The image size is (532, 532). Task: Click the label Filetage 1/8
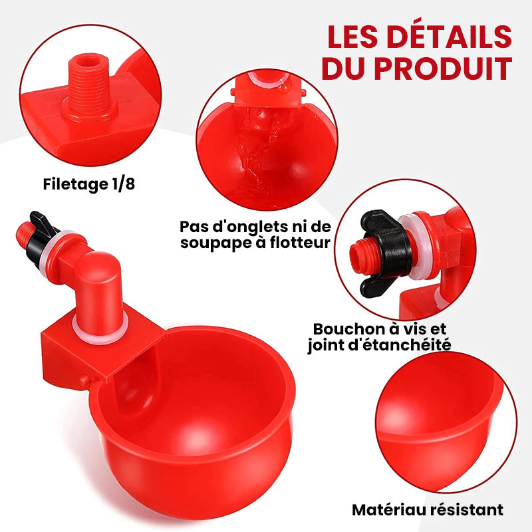[x=88, y=184]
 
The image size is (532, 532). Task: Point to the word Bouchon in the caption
[x=348, y=329]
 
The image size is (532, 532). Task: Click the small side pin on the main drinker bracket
[x=82, y=380]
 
